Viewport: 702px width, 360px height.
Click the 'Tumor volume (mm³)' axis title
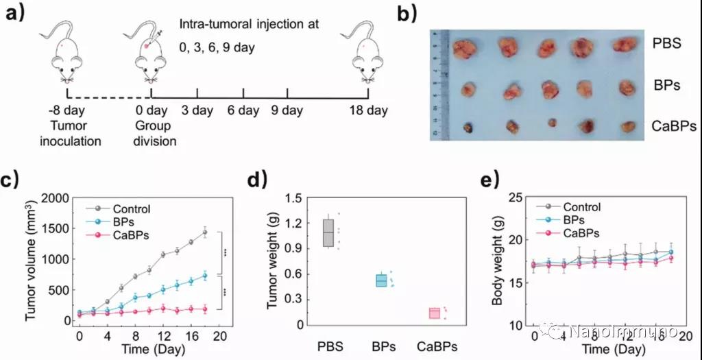point(30,260)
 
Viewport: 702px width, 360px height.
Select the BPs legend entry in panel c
point(123,222)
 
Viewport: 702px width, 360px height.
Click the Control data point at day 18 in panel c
point(204,232)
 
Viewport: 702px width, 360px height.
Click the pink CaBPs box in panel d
point(434,313)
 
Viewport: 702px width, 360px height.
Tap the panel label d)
point(254,181)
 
